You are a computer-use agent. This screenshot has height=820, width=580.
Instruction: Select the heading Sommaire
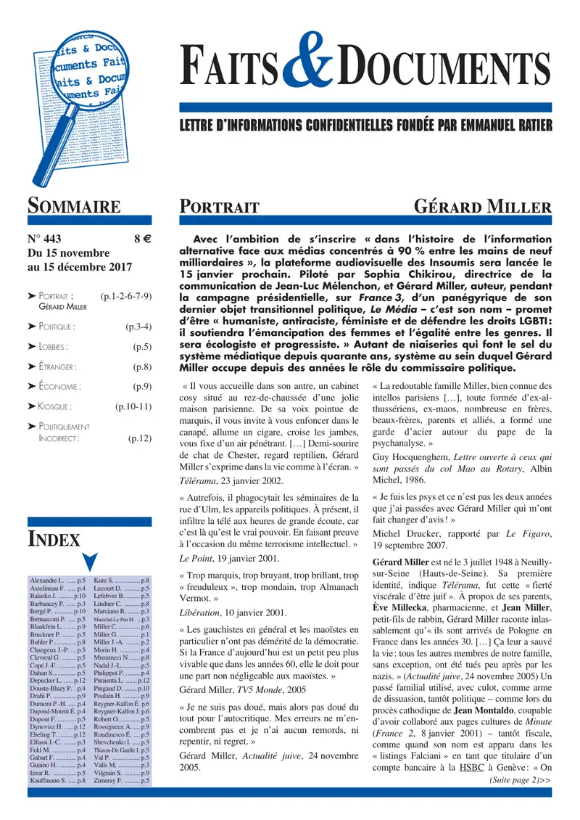[73, 206]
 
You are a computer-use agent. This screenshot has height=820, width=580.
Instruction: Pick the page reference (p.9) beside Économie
[141, 387]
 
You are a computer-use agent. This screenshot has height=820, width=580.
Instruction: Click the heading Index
[54, 538]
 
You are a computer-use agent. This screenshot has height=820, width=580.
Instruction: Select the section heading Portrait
[220, 208]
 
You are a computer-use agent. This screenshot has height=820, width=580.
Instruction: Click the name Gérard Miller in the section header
[482, 207]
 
